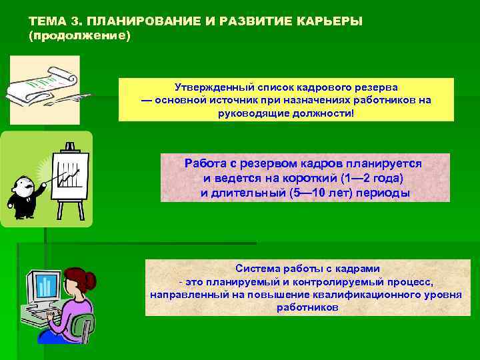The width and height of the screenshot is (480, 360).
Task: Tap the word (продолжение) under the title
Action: pyautogui.click(x=80, y=35)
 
